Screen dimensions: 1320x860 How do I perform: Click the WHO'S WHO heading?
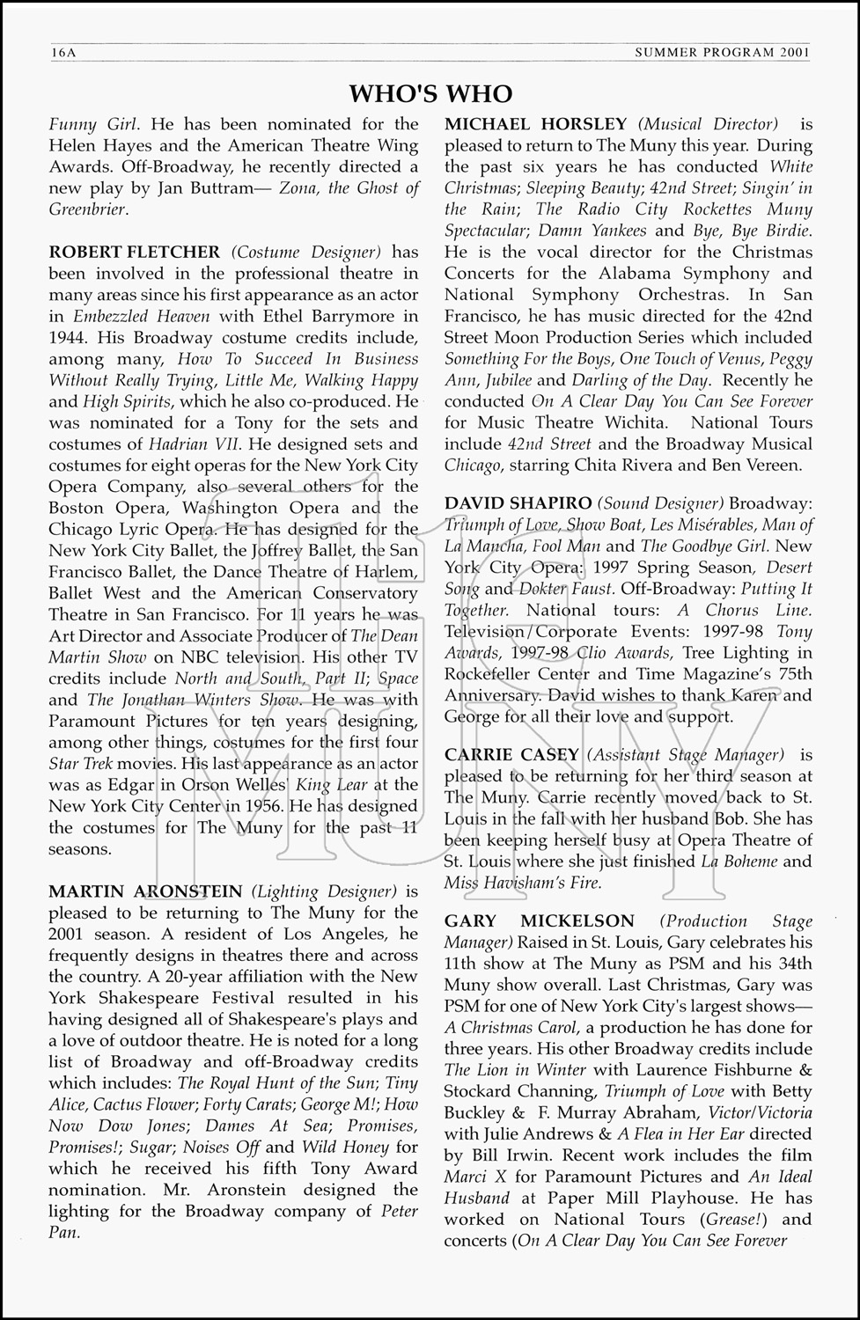[430, 93]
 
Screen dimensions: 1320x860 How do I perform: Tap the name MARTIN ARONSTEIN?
[145, 891]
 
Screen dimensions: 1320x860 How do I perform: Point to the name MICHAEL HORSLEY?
[536, 124]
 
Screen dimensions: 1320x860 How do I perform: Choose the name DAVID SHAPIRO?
[518, 503]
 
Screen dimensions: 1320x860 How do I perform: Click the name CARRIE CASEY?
[511, 755]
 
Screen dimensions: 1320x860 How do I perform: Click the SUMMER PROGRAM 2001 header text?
[722, 54]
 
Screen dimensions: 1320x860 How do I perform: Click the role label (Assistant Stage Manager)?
[685, 755]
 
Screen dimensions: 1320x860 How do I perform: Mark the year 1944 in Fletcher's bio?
[70, 338]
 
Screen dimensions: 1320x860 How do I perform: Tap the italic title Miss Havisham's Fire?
[523, 883]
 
